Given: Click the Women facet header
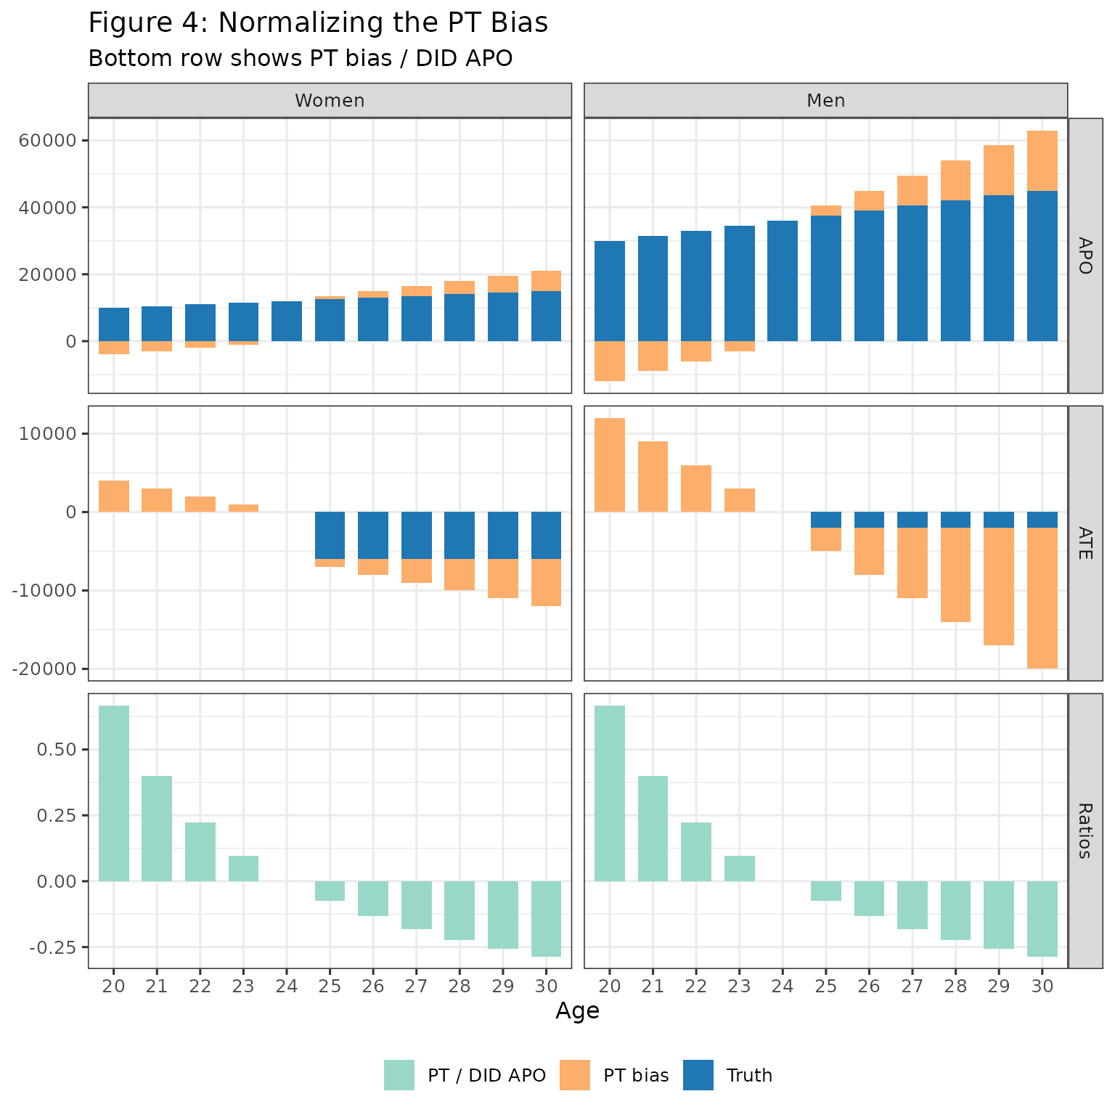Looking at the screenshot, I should [330, 100].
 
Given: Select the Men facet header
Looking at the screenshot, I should [825, 100].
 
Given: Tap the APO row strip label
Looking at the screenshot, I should [1085, 256].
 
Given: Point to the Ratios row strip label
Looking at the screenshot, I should [1085, 830].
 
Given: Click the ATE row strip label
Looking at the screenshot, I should [1085, 543].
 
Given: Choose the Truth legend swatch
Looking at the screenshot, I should [698, 1075].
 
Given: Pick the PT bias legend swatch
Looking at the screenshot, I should [575, 1075].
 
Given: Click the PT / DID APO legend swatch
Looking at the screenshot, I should [399, 1075].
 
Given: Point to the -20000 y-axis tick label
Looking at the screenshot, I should [44, 669].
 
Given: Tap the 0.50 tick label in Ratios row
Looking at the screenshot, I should [57, 749].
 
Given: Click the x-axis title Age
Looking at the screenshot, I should [577, 1010].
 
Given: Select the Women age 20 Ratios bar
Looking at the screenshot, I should [114, 793].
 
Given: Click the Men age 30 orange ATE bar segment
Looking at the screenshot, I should [1042, 598].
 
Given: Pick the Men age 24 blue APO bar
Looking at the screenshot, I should [783, 281].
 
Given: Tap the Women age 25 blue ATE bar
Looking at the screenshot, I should [330, 535].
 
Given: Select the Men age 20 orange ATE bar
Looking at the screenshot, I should [610, 465].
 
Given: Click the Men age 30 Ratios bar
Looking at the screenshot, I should [1042, 918].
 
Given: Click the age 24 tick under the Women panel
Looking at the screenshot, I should [287, 986].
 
